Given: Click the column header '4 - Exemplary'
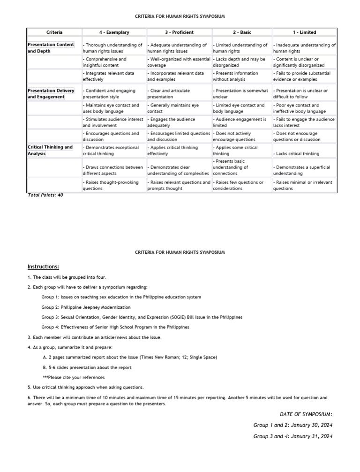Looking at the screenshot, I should (114, 32).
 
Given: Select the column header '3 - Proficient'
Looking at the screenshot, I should (179, 32).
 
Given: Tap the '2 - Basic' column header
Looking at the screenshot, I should (241, 32).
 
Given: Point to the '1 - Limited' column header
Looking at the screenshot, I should (304, 32).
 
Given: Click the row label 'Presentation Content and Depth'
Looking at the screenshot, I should (51, 48).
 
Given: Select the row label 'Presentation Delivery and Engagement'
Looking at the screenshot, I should (51, 93).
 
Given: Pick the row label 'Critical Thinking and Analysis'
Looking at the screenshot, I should (50, 150).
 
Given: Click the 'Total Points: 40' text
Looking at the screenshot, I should (45, 195).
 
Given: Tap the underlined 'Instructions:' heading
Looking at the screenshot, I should (43, 267).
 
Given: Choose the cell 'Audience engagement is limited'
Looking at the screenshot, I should (240, 122).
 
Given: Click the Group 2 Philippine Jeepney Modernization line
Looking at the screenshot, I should (86, 307).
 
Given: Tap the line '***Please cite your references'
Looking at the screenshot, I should (74, 377).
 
